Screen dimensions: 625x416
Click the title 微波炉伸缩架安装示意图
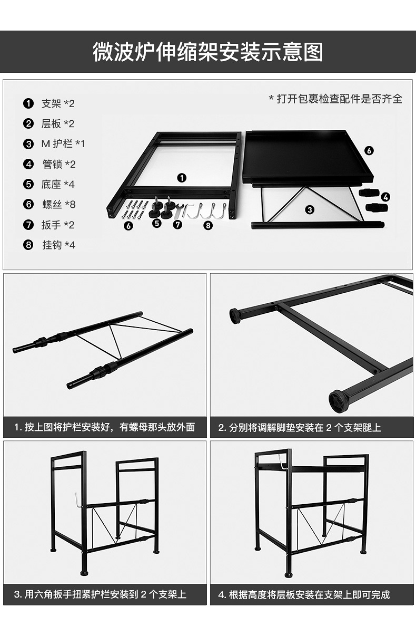[x=207, y=53]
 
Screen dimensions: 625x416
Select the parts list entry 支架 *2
[x=57, y=103]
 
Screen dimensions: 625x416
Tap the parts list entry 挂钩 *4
[x=58, y=245]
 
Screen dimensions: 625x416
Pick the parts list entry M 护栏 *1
[x=63, y=144]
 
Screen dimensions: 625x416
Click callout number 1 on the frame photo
[x=181, y=178]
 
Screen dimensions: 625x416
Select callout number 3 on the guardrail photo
[x=310, y=209]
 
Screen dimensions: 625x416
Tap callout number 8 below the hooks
[x=208, y=225]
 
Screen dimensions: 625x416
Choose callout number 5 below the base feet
[x=156, y=224]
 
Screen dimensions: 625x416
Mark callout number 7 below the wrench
[x=177, y=224]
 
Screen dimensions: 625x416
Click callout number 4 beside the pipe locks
[x=386, y=197]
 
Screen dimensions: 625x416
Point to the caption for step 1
[x=105, y=427]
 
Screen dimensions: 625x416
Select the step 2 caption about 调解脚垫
[x=300, y=427]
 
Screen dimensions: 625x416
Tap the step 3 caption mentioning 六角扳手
[x=100, y=594]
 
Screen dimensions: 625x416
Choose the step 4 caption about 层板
[x=304, y=594]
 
